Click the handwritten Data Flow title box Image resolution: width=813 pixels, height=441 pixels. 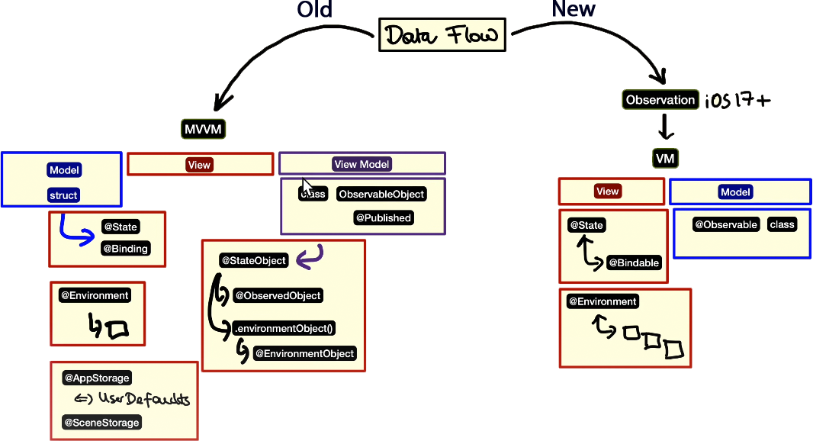point(442,35)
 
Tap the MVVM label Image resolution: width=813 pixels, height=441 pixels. point(204,129)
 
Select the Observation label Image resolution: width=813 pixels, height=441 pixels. point(660,100)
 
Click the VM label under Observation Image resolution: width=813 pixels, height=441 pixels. point(665,159)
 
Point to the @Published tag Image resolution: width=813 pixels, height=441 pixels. point(383,218)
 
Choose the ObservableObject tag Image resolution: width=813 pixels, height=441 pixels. point(381,194)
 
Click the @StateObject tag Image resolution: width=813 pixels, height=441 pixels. point(253,261)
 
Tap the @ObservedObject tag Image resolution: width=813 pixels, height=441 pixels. point(278,295)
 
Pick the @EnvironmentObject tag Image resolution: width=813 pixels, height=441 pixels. point(304,353)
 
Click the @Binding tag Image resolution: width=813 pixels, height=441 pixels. point(125,248)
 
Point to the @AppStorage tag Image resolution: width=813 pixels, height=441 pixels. point(96,378)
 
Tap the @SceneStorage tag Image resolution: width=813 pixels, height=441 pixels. point(101,422)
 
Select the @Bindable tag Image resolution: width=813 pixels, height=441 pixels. point(634,262)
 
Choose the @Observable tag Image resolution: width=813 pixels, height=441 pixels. point(725,224)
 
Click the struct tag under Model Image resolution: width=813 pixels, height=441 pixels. point(63,195)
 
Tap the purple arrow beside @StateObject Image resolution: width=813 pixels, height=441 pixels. point(310,258)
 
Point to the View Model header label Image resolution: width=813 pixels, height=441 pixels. point(362,164)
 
